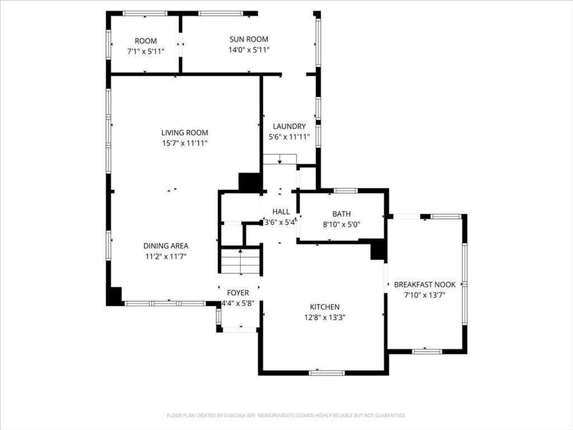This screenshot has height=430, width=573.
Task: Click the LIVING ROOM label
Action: (185, 133)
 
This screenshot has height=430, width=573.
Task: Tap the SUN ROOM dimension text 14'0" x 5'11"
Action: (249, 50)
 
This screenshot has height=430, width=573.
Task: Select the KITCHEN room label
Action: (325, 307)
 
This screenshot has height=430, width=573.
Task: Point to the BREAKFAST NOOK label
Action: (425, 284)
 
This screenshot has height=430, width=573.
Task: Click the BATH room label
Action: (341, 214)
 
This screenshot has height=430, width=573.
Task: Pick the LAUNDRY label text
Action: (289, 127)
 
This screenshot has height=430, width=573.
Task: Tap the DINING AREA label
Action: (166, 246)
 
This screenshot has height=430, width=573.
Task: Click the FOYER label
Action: (238, 293)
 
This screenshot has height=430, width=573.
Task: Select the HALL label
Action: (281, 212)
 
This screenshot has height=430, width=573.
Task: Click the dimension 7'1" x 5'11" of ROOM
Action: (146, 52)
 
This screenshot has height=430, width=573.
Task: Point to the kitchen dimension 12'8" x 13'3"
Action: (325, 317)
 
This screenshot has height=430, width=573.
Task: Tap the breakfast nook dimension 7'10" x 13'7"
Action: (425, 295)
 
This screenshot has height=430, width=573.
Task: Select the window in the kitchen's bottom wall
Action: (327, 373)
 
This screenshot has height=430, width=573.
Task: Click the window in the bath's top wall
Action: (346, 190)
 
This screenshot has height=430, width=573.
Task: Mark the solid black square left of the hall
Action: (249, 182)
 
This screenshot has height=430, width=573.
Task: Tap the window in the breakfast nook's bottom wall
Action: (427, 352)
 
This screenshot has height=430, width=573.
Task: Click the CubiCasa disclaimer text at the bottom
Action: (286, 415)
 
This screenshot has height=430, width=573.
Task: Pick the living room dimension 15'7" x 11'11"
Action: (185, 143)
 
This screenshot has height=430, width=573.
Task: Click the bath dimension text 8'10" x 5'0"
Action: (341, 225)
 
